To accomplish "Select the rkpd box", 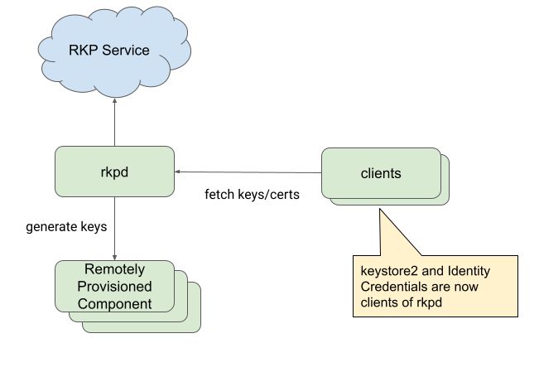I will tap(114, 172).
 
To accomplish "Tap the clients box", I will tap(381, 173).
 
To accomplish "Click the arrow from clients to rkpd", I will tap(248, 172).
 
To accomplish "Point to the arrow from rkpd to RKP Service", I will tap(114, 124).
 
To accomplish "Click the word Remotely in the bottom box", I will tap(114, 270).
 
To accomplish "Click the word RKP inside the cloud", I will tap(84, 51).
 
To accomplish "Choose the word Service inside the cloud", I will tap(125, 51).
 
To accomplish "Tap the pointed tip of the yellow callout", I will tap(381, 211).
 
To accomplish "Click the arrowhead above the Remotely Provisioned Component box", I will tap(114, 256).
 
